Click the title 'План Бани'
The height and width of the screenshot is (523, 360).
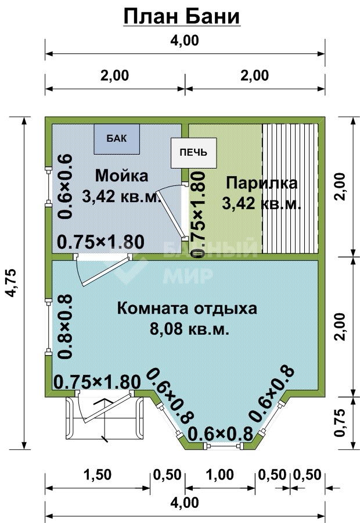[182, 17]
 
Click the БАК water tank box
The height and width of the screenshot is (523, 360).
[117, 139]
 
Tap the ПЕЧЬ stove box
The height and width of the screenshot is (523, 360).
[194, 153]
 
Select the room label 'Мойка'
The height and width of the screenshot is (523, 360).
[122, 175]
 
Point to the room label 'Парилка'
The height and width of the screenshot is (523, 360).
[262, 183]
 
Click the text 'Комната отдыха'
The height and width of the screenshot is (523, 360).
[187, 309]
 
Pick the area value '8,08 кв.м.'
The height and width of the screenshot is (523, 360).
[189, 329]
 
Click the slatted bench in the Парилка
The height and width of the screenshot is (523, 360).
[290, 189]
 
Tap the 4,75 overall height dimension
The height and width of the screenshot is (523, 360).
[12, 282]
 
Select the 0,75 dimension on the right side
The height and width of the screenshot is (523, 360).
[339, 422]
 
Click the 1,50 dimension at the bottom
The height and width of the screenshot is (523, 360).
[98, 475]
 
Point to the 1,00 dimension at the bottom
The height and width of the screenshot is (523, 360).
[219, 475]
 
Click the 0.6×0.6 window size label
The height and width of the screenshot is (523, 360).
[65, 187]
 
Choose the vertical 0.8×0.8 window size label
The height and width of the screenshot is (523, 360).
[65, 327]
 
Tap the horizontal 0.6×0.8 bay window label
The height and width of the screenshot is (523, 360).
[220, 434]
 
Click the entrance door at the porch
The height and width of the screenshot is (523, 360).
[104, 407]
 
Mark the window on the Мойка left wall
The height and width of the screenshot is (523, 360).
[49, 187]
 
